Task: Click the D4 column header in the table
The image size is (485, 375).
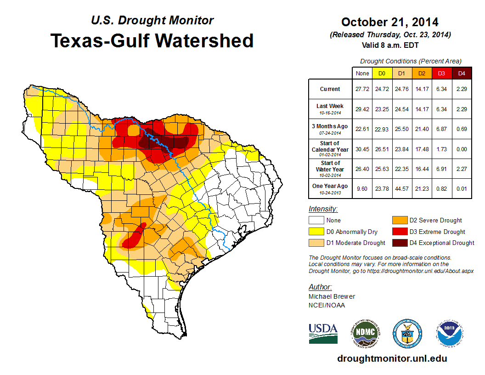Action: click(x=461, y=73)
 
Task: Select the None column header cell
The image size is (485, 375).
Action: click(x=362, y=73)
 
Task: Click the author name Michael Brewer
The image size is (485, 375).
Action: click(x=332, y=296)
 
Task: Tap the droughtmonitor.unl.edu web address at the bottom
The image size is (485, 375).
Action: click(x=392, y=358)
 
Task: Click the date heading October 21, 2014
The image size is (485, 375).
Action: click(x=389, y=22)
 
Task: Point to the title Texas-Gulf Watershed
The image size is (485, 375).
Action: click(x=152, y=40)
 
